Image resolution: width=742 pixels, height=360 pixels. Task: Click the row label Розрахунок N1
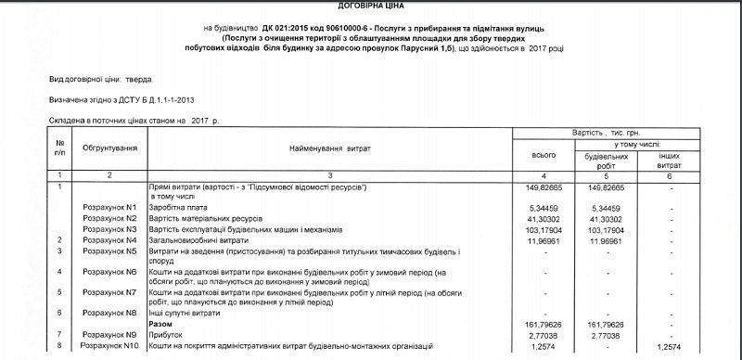point(109,208)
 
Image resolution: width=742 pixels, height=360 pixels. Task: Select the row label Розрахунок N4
point(109,239)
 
